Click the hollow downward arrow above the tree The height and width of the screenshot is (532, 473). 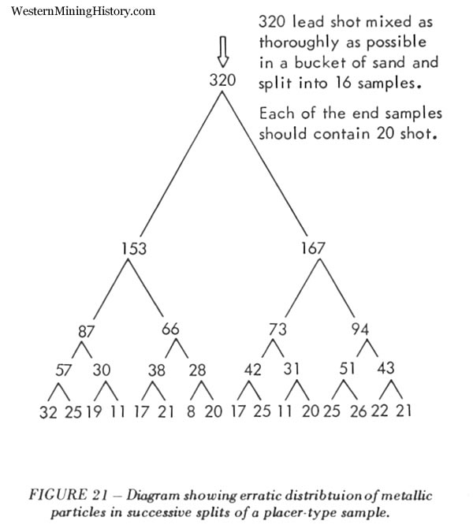[223, 51]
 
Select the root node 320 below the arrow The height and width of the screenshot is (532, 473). [222, 80]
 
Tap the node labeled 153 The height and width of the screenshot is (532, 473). [134, 248]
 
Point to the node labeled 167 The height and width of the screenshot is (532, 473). [313, 248]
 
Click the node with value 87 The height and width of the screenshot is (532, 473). [86, 331]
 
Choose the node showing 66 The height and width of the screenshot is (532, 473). [170, 329]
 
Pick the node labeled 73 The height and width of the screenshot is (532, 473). [278, 329]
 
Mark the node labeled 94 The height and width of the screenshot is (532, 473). [360, 329]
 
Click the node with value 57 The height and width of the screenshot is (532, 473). [63, 370]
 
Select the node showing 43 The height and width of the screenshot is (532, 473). [385, 368]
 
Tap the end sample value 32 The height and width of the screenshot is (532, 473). [48, 412]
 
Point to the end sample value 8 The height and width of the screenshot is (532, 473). [191, 411]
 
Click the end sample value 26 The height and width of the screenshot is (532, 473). [359, 411]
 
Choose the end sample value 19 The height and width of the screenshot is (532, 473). [94, 411]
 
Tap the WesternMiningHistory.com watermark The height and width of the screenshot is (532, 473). [83, 11]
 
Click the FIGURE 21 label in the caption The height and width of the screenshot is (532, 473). [69, 494]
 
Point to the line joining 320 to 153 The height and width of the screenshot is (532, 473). [181, 164]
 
